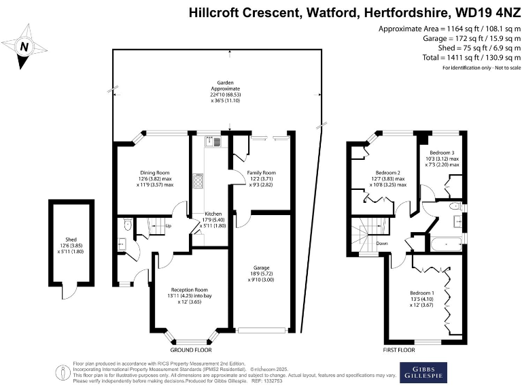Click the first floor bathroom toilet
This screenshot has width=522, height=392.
(455, 206)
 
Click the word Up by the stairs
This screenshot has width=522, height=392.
(168, 226)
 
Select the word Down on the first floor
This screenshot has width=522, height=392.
(382, 243)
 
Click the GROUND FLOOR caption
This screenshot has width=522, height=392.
(189, 350)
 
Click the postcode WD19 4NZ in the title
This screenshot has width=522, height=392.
(485, 13)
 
